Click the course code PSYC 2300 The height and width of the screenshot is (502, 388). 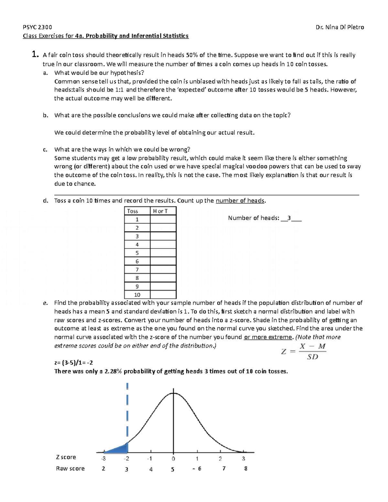click(37, 27)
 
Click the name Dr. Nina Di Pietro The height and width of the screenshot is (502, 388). click(339, 27)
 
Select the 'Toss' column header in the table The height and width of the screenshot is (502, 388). click(133, 211)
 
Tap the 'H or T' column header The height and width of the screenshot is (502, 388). click(160, 211)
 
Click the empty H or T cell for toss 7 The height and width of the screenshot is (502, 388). click(163, 270)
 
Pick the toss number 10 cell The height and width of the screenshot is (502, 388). click(137, 295)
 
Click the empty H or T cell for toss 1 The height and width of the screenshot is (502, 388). click(163, 219)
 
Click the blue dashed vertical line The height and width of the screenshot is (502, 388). click(127, 411)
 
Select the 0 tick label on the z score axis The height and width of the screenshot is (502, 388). click(173, 459)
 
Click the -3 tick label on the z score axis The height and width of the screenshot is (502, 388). click(103, 459)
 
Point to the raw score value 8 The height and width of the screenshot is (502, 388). click(246, 468)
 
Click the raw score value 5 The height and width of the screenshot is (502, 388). click(173, 469)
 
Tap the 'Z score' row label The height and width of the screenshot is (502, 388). click(66, 457)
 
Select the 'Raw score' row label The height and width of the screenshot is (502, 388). click(70, 468)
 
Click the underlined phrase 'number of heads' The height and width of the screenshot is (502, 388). click(240, 201)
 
